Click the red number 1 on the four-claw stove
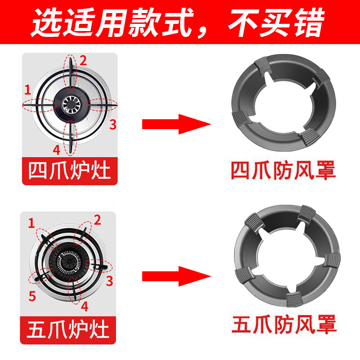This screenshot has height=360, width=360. click(x=28, y=90)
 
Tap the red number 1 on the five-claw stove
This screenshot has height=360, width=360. click(x=31, y=222)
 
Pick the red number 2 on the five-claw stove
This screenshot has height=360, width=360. click(x=97, y=220)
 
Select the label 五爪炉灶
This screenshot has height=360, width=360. click(x=69, y=328)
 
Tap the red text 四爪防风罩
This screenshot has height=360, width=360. click(x=283, y=171)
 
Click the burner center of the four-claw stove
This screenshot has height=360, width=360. click(x=70, y=103)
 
